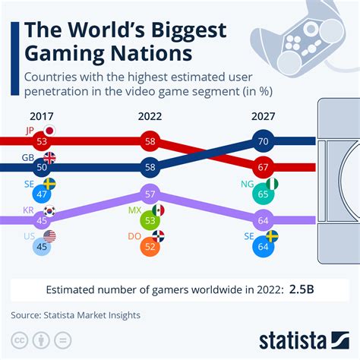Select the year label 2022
[x=149, y=118]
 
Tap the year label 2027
[x=261, y=118]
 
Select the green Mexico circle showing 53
[x=149, y=221]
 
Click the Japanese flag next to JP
[x=50, y=131]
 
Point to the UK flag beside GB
[x=50, y=158]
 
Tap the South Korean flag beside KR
[x=50, y=210]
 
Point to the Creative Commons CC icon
[x=21, y=337]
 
